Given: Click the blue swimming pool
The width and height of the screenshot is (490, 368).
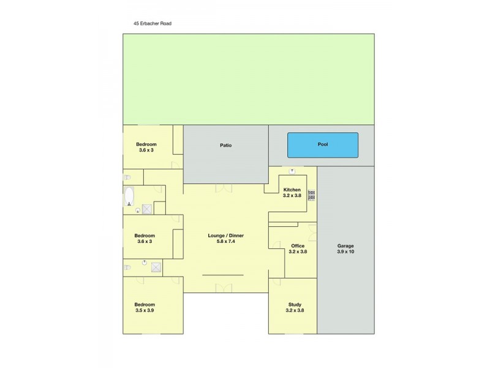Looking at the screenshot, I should coord(323,145).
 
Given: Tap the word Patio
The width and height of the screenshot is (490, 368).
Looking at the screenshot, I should coord(225,145).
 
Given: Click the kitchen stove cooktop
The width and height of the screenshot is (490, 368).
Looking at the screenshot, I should coord(311,195).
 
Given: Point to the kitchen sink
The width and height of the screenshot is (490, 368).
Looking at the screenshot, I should coord(292,171).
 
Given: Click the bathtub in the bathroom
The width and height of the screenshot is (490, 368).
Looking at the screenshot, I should coord(129,196).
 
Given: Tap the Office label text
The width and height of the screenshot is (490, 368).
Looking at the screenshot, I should coord(298,245).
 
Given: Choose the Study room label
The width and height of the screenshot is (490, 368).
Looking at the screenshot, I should coord(295,304).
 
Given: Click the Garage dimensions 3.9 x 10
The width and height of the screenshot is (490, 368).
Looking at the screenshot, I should coord(345,251).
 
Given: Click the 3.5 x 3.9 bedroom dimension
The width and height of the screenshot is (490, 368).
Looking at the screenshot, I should coord(145,310).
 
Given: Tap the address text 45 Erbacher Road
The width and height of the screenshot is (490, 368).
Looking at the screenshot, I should coord(153,24).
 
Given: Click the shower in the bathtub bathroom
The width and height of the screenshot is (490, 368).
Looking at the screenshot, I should coord(147,209).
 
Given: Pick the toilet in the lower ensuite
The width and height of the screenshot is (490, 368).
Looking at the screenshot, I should coord(127,267).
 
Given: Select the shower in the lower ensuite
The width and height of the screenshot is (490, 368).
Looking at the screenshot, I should coord(156,267).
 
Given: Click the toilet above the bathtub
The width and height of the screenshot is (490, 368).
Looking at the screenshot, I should coord(127,177).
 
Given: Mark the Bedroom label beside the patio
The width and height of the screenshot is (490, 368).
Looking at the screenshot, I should coord(146,144).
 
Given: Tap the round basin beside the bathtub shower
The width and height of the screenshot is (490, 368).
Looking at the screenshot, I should coord(137,210).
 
